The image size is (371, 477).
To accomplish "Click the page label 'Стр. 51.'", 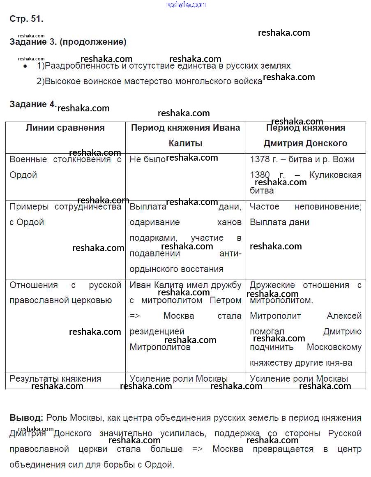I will coord(26,19).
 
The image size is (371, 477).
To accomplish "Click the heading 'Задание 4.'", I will coord(32,104).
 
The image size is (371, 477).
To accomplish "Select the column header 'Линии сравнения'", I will coord(65,128).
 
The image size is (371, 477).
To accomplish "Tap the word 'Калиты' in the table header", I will coord(185,143).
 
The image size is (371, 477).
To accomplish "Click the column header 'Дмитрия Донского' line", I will coord(305,143).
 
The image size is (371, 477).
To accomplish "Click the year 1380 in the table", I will coord(260,175).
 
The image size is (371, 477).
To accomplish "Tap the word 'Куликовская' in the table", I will coord(335,175).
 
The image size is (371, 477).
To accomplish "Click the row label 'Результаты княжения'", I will coord(55,379).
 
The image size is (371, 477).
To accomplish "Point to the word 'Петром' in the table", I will coord(225,300).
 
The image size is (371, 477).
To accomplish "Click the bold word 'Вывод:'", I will coord(26,418).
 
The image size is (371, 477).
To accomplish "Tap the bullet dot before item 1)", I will coord(25,66).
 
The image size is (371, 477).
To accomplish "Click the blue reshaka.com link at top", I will coord(186,5).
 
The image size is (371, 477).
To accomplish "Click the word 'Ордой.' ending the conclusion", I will coord(160,465).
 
